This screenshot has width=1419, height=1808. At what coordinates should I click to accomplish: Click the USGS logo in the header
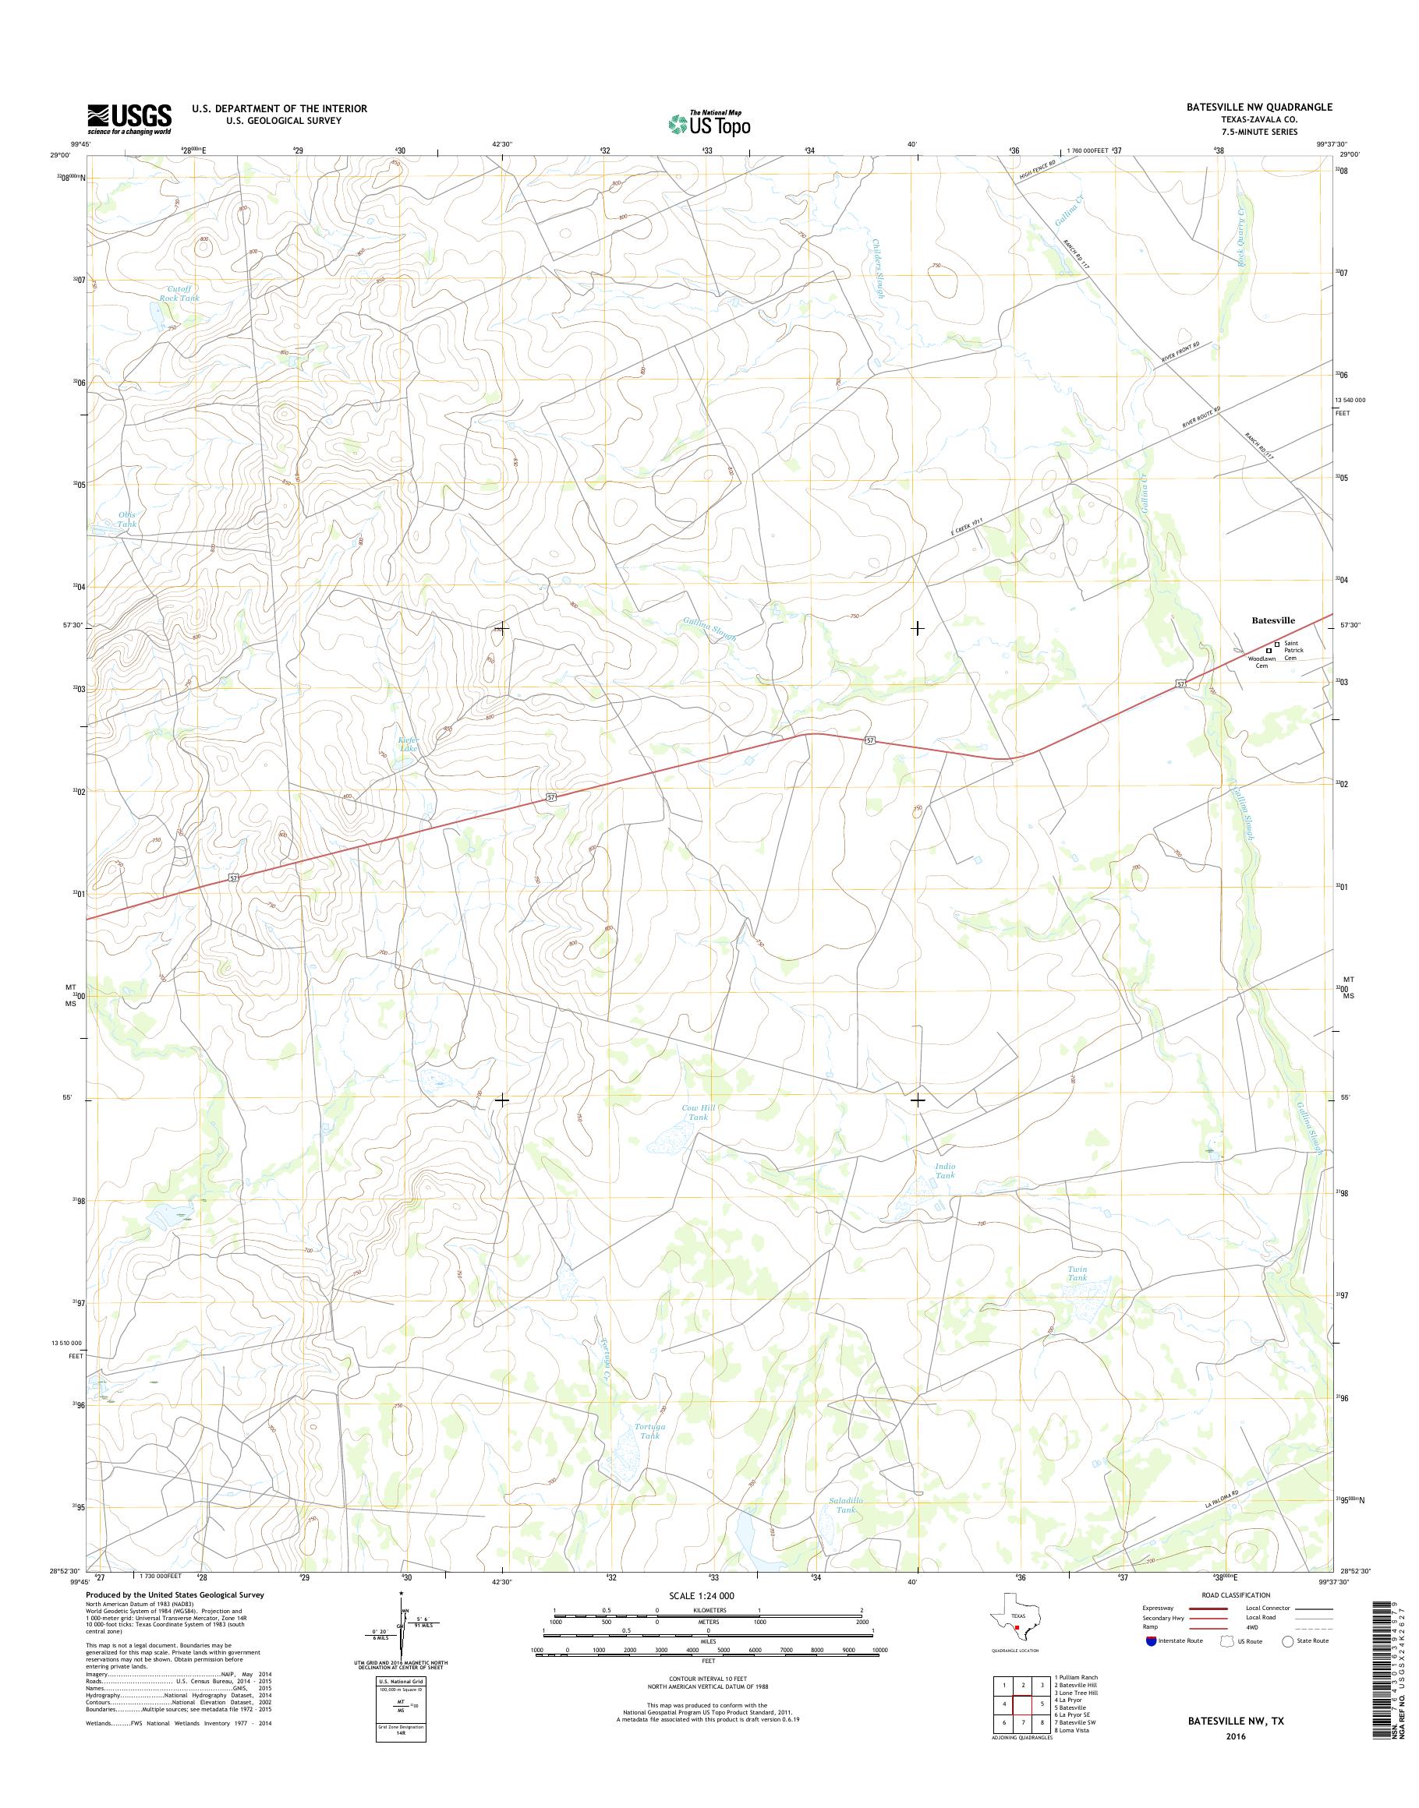point(129,119)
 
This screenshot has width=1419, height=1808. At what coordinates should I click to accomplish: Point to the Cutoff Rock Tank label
point(179,293)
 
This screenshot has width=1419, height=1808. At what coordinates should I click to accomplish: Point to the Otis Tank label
point(126,520)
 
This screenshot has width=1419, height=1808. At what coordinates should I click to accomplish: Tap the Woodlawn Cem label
point(1262,662)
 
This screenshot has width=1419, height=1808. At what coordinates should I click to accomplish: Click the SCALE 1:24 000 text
point(702,1596)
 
